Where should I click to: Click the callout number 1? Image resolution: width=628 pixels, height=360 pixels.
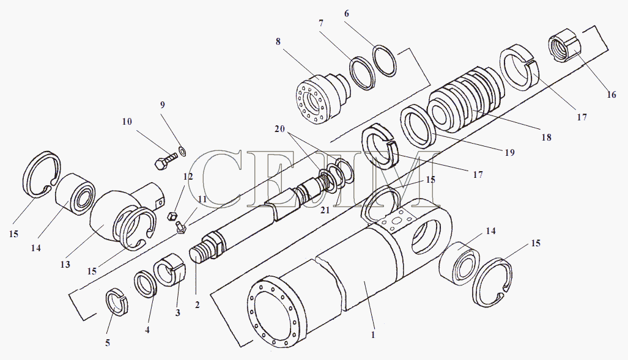[x=373, y=335]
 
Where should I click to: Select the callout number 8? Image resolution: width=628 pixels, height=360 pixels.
[x=278, y=42]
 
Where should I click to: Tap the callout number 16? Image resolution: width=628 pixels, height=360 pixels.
[x=611, y=95]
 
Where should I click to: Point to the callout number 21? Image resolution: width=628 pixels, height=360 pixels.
[x=324, y=210]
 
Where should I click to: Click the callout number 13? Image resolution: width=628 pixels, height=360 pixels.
[x=65, y=265]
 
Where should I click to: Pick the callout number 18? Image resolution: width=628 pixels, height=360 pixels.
[x=546, y=138]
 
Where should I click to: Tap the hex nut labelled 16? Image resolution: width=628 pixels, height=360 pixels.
[x=562, y=47]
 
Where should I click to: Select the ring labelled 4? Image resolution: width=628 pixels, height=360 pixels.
[x=145, y=284]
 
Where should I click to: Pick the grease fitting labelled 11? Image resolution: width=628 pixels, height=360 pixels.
[x=180, y=229]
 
